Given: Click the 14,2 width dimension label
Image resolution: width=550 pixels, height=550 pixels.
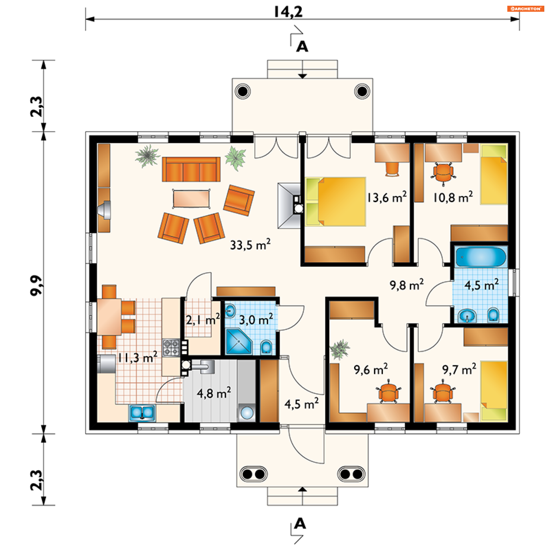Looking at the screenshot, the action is click(288, 12).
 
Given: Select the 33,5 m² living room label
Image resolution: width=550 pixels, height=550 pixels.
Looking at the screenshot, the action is click(250, 245).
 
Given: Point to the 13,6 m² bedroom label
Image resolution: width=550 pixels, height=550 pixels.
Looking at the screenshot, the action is click(387, 197).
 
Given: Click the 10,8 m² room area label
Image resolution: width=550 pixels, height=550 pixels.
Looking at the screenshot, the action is click(453, 197).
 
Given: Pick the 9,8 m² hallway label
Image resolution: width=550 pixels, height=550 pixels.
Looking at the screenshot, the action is click(406, 285).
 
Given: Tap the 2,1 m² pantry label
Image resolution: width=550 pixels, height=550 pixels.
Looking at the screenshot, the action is click(203, 319).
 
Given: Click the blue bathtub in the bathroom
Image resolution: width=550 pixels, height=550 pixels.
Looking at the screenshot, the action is click(481, 257).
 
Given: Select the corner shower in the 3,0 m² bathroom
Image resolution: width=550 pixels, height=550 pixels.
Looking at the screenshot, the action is click(239, 341).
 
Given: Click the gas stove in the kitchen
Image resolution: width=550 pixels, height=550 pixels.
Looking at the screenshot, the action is click(171, 347).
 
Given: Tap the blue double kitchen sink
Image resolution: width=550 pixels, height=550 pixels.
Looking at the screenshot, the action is click(142, 413).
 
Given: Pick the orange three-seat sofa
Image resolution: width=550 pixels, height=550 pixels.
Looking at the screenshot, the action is click(191, 169).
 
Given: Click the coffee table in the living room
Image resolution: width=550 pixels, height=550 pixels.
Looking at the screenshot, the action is click(191, 199).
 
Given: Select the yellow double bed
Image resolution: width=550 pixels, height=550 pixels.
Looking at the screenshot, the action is click(335, 202).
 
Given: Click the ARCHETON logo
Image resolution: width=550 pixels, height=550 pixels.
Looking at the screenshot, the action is click(526, 9).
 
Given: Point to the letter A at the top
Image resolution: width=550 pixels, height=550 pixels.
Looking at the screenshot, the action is click(302, 46).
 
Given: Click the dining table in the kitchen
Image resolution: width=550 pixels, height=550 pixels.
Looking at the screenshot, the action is click(109, 317).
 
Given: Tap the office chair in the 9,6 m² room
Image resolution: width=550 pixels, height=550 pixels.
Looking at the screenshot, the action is click(388, 391).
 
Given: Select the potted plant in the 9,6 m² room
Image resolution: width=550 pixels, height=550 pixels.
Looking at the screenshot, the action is click(340, 349).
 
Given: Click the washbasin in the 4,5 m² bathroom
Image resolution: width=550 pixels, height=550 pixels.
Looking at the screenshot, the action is click(467, 316).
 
